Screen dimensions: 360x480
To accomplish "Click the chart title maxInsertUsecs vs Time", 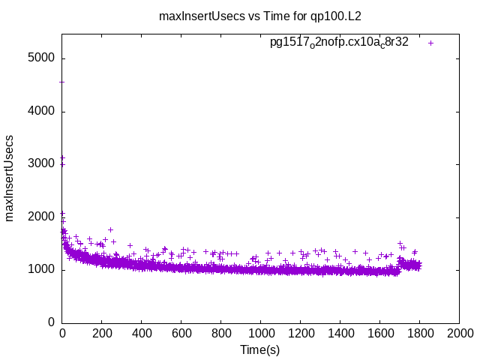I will (259, 15).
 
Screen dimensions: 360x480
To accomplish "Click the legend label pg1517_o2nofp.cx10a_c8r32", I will (339, 43).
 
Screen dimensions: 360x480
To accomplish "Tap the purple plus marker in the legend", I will (430, 43).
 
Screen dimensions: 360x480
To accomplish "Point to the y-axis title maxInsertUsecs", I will (10, 177).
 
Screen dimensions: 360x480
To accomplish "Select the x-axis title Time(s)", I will (259, 349).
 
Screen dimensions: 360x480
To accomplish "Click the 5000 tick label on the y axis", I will (42, 58).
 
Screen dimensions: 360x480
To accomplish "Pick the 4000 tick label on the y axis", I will (42, 112).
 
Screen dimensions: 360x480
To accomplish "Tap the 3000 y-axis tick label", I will (42, 164).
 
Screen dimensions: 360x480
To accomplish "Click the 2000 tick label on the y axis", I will (42, 217).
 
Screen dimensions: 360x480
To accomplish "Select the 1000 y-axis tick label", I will (42, 270).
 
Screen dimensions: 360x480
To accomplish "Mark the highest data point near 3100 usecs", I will (62, 158).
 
